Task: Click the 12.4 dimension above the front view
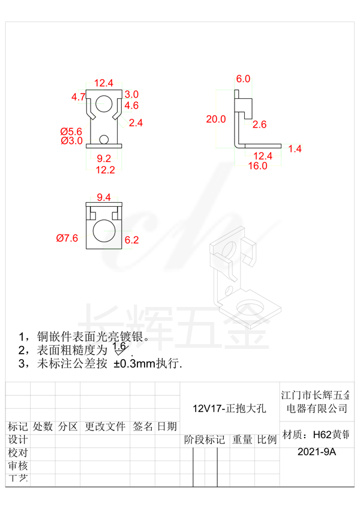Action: click(x=104, y=83)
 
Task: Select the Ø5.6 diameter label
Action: click(x=71, y=131)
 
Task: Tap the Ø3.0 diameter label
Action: click(x=71, y=140)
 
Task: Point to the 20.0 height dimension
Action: click(x=216, y=119)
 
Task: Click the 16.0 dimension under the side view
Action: click(x=258, y=166)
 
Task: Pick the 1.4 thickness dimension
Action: click(x=295, y=149)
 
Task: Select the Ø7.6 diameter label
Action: click(x=67, y=239)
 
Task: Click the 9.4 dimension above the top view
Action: click(x=104, y=197)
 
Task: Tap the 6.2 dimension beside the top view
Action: click(x=131, y=240)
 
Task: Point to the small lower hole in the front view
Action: click(x=104, y=140)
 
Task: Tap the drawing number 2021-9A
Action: click(x=317, y=453)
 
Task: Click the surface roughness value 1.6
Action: click(x=119, y=346)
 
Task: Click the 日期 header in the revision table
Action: click(x=167, y=427)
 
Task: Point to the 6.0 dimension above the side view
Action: click(x=243, y=79)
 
